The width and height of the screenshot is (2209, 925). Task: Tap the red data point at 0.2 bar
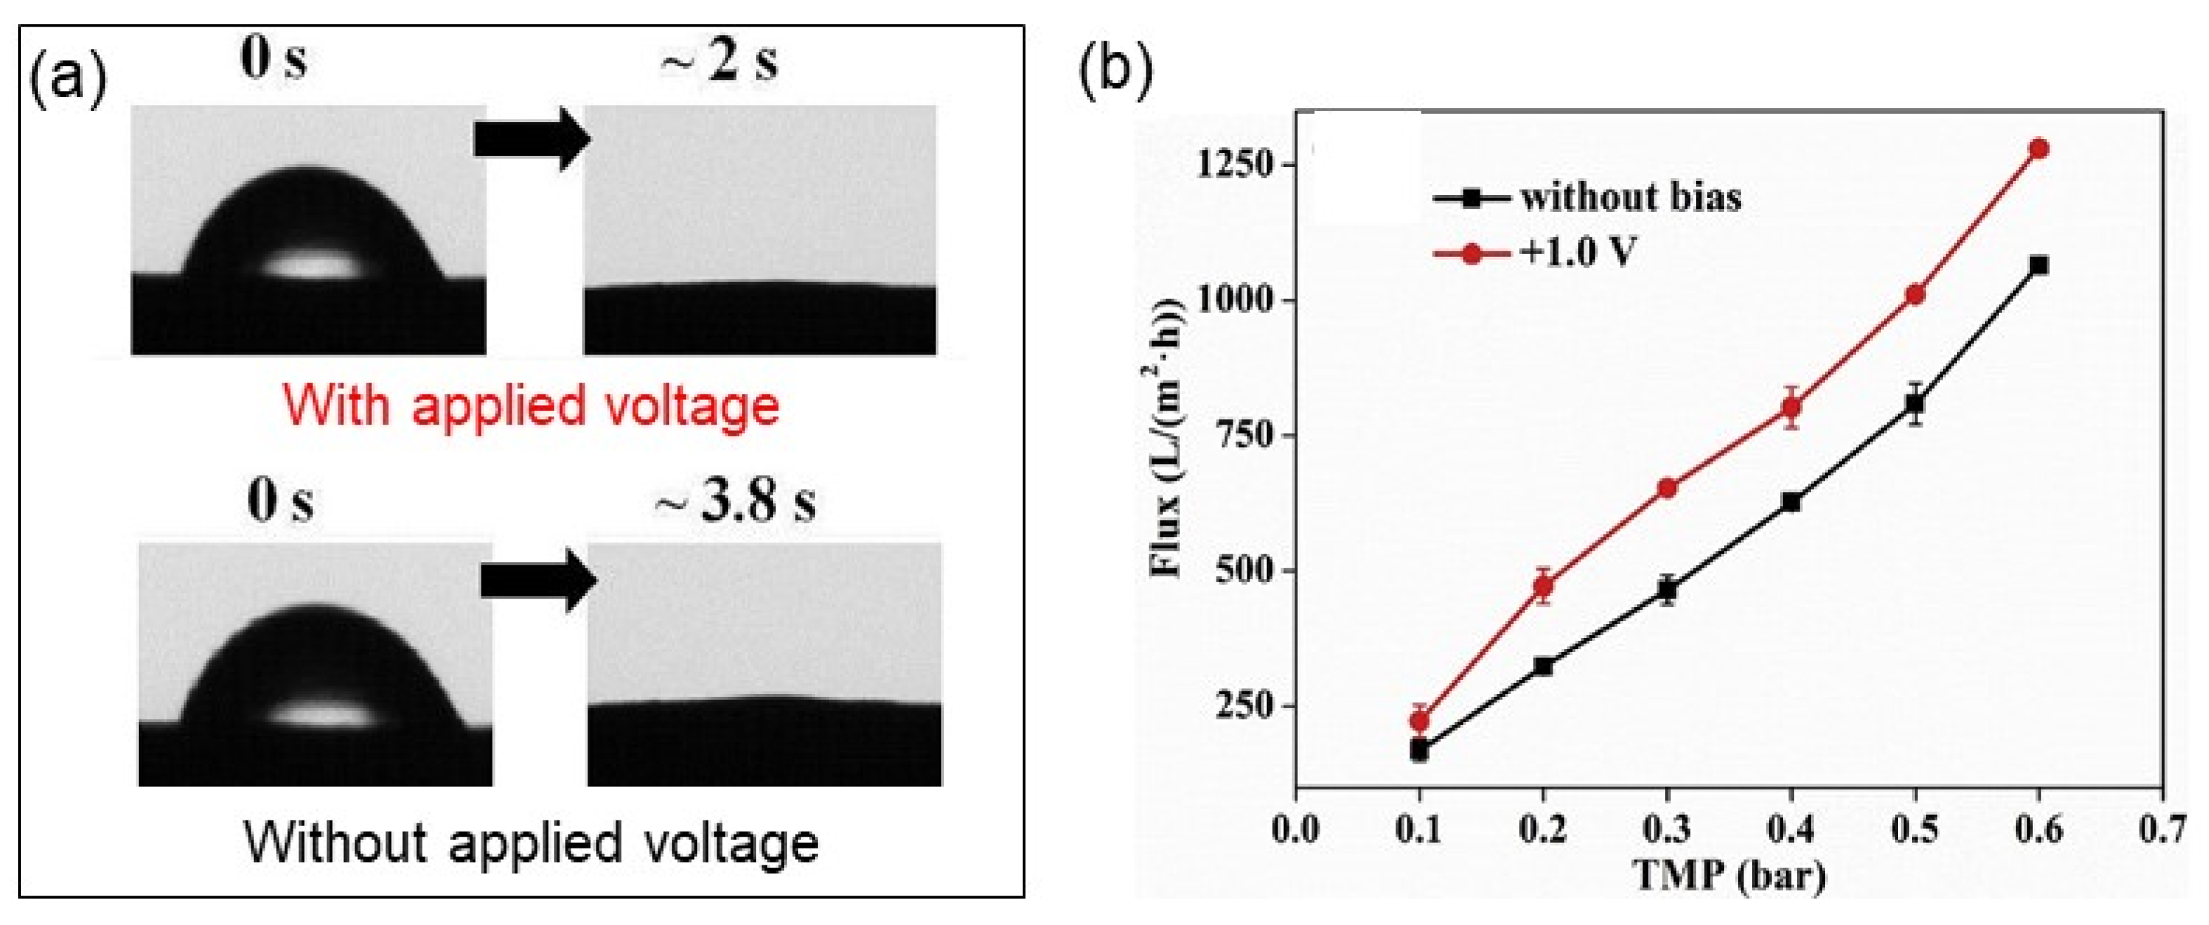pyautogui.click(x=1544, y=587)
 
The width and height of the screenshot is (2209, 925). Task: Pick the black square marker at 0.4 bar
pyautogui.click(x=1791, y=503)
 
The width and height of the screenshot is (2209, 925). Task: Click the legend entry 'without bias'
pyautogui.click(x=1629, y=198)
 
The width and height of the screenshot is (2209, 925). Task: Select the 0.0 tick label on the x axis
pyautogui.click(x=1295, y=830)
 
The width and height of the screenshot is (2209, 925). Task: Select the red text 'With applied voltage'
pyautogui.click(x=531, y=406)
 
